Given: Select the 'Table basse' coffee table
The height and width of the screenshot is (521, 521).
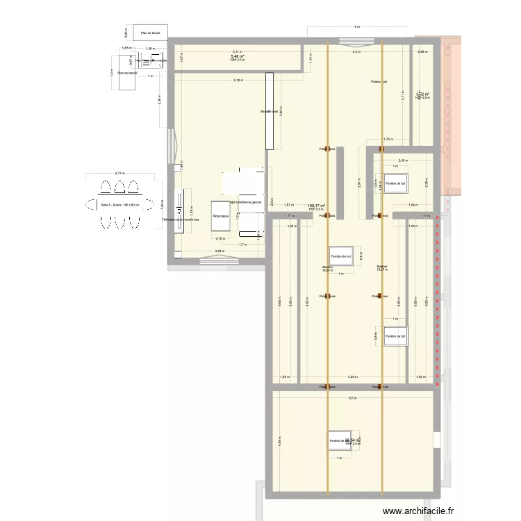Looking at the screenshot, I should tap(220, 216).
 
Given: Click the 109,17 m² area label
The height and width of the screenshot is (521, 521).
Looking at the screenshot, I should tap(316, 206).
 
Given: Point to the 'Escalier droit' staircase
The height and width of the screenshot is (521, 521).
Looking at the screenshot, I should tap(269, 111).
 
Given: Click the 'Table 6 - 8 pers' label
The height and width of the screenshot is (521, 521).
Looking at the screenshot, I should tap(119, 205).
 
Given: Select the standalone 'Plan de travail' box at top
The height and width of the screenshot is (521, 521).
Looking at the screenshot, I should tap(151, 32).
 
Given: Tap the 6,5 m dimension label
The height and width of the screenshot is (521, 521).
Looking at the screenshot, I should tap(352, 398).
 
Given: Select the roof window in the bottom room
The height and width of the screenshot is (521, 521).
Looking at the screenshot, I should tap(340, 440).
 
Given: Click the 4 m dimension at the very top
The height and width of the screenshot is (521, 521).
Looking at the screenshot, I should tap(356, 26).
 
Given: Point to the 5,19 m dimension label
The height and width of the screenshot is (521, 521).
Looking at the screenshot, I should tap(239, 80).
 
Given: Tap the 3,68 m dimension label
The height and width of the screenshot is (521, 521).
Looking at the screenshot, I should tap(219, 251).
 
